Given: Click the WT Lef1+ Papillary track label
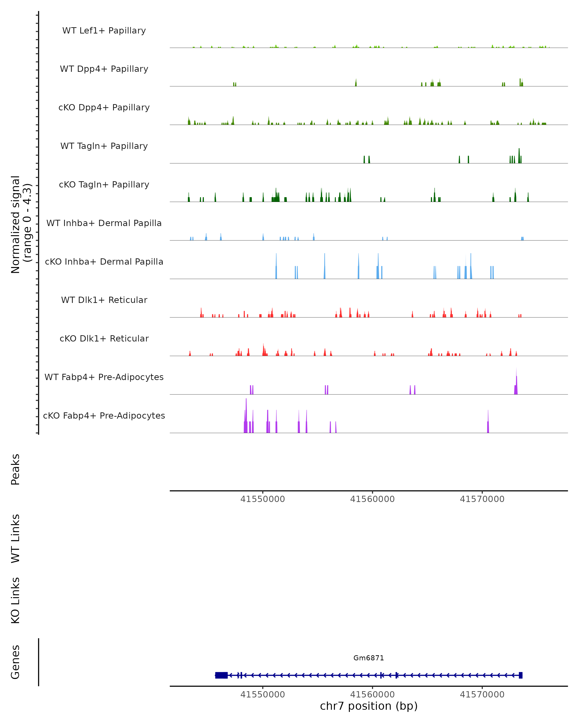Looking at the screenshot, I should (x=104, y=31).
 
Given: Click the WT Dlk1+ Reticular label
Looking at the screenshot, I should (x=104, y=300).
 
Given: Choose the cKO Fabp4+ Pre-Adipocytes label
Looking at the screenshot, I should (x=104, y=415).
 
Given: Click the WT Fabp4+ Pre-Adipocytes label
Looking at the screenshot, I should (x=104, y=377).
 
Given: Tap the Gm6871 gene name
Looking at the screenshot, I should (x=369, y=658).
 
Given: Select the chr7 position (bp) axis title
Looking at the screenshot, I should (x=369, y=706).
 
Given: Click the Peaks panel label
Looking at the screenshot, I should (x=15, y=469).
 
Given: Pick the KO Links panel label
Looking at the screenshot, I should (x=15, y=600).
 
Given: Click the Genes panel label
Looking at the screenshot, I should (x=15, y=662).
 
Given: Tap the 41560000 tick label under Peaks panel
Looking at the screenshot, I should (x=372, y=499).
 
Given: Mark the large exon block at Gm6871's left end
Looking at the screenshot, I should (x=221, y=675).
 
